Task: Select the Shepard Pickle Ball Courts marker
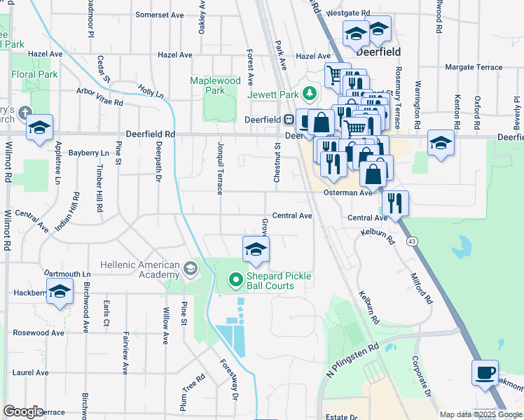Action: pyautogui.click(x=235, y=281)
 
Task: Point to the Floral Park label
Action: pyautogui.click(x=34, y=73)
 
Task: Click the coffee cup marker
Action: pyautogui.click(x=485, y=374)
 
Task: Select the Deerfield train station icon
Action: pyautogui.click(x=289, y=120)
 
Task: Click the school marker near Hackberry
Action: pyautogui.click(x=60, y=291)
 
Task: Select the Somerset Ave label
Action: pyautogui.click(x=159, y=14)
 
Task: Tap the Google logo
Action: pyautogui.click(x=24, y=412)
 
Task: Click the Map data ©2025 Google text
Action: pyautogui.click(x=480, y=414)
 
